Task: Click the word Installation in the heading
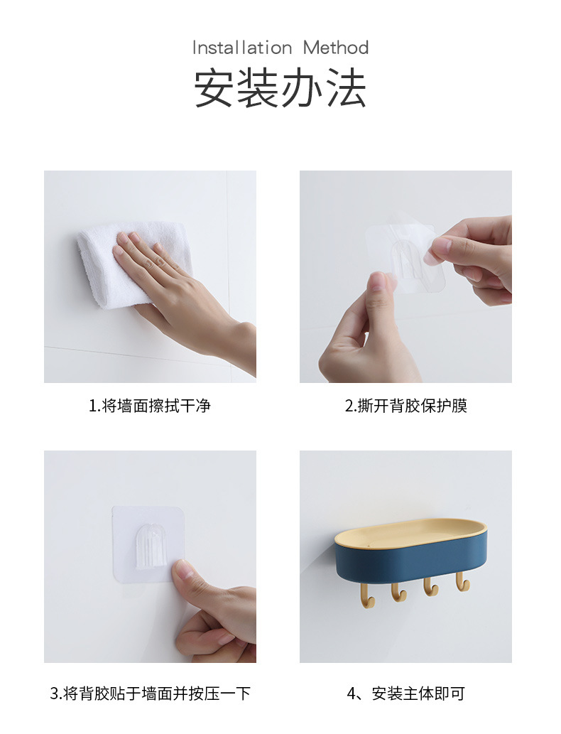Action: pos(242,48)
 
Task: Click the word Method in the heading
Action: pos(336,48)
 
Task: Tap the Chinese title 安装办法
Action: pos(280,88)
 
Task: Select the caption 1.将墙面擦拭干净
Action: pos(150,406)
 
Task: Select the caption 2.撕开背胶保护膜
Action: pos(405,406)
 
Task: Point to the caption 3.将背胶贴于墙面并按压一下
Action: pos(150,693)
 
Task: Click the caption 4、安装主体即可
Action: pos(405,693)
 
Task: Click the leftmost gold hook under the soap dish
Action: pos(367,594)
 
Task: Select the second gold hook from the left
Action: pos(398,590)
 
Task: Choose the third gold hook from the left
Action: pos(430,586)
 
